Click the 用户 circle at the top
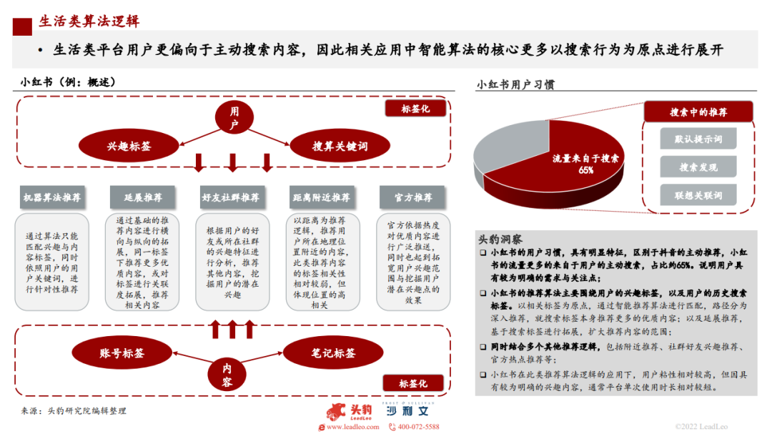coord(233,118)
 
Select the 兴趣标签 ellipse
coord(129,146)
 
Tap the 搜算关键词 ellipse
coord(340,146)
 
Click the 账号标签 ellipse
coord(122,353)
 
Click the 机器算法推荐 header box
coord(52,197)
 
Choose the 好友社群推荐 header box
coord(230,197)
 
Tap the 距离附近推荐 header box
coord(321,197)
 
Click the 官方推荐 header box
coord(412,197)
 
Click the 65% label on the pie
coord(585,170)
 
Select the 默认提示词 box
coord(698,139)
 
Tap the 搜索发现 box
coord(698,167)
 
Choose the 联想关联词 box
coord(698,195)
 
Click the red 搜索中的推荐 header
coord(698,112)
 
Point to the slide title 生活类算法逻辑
coord(89,21)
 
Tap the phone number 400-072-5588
coord(418,427)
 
